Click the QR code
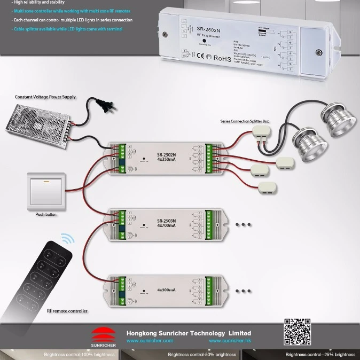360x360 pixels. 298,332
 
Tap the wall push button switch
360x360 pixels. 47,192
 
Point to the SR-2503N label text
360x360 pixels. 167,220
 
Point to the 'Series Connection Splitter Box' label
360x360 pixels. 245,121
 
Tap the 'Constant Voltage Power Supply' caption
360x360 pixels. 45,97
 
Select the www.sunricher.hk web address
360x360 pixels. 230,340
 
